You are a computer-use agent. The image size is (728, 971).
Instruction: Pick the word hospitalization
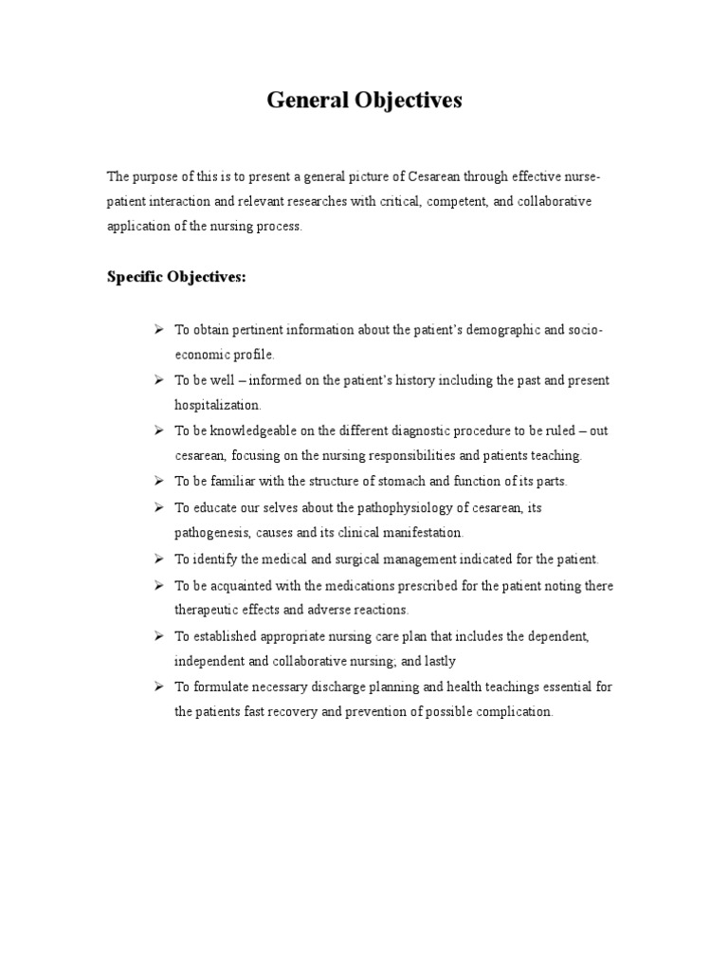pos(217,404)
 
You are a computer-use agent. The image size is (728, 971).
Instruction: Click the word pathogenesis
pos(211,533)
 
